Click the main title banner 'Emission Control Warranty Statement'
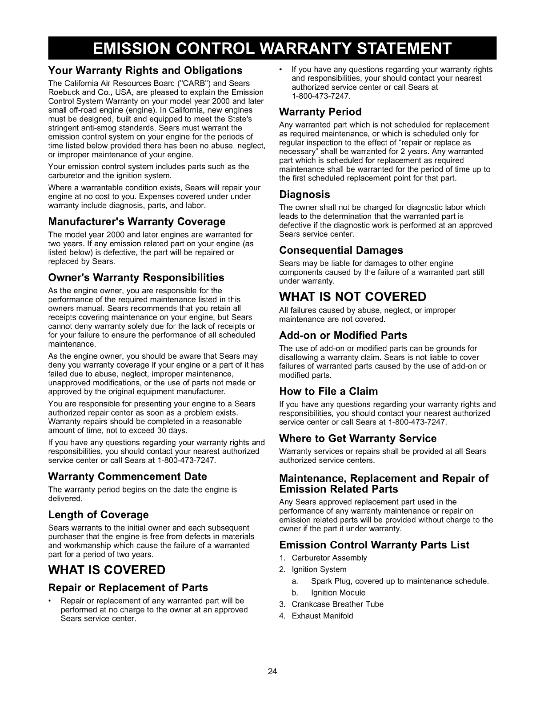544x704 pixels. (272, 48)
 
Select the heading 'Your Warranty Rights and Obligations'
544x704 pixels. (145, 71)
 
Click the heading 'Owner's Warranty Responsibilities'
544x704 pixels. (136, 278)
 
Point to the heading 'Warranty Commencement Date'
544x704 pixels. (128, 476)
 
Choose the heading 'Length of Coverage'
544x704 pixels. (98, 515)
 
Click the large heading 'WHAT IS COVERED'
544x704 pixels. (107, 570)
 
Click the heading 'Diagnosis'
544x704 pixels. (304, 195)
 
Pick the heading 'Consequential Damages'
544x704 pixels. (341, 250)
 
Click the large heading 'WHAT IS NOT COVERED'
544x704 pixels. (352, 296)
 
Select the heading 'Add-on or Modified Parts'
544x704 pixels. (343, 335)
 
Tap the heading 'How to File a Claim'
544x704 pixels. (328, 392)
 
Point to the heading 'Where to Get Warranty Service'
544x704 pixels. (358, 439)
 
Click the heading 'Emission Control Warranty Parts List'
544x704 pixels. (374, 545)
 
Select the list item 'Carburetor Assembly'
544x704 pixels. (329, 558)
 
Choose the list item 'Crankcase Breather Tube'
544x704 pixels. (337, 604)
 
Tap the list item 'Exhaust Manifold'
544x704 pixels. (322, 616)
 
